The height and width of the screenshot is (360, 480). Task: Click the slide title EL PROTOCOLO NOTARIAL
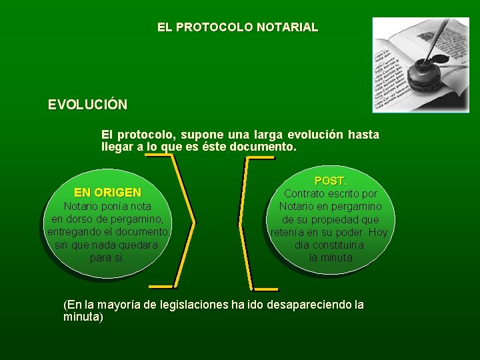tap(237, 28)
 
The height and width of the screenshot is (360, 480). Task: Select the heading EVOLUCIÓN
tap(87, 105)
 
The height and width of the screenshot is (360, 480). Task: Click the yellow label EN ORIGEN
tap(107, 193)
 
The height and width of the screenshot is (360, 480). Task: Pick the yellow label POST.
tap(330, 181)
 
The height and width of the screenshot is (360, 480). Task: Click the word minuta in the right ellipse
tap(337, 257)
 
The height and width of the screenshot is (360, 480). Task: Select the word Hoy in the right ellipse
tap(378, 232)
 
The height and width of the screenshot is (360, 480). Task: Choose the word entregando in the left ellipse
tap(73, 231)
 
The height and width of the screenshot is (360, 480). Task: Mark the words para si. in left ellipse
tap(107, 257)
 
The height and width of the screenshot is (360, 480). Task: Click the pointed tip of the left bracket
tap(193, 221)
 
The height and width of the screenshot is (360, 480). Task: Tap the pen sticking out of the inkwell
tap(439, 40)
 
